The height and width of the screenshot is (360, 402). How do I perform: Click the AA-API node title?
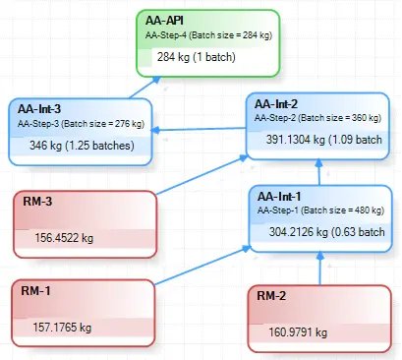click(164, 20)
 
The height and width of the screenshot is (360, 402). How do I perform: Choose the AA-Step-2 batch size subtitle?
click(316, 117)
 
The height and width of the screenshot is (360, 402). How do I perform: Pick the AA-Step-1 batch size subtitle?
click(317, 210)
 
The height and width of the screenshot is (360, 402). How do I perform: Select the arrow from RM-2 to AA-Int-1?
click(318, 268)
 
